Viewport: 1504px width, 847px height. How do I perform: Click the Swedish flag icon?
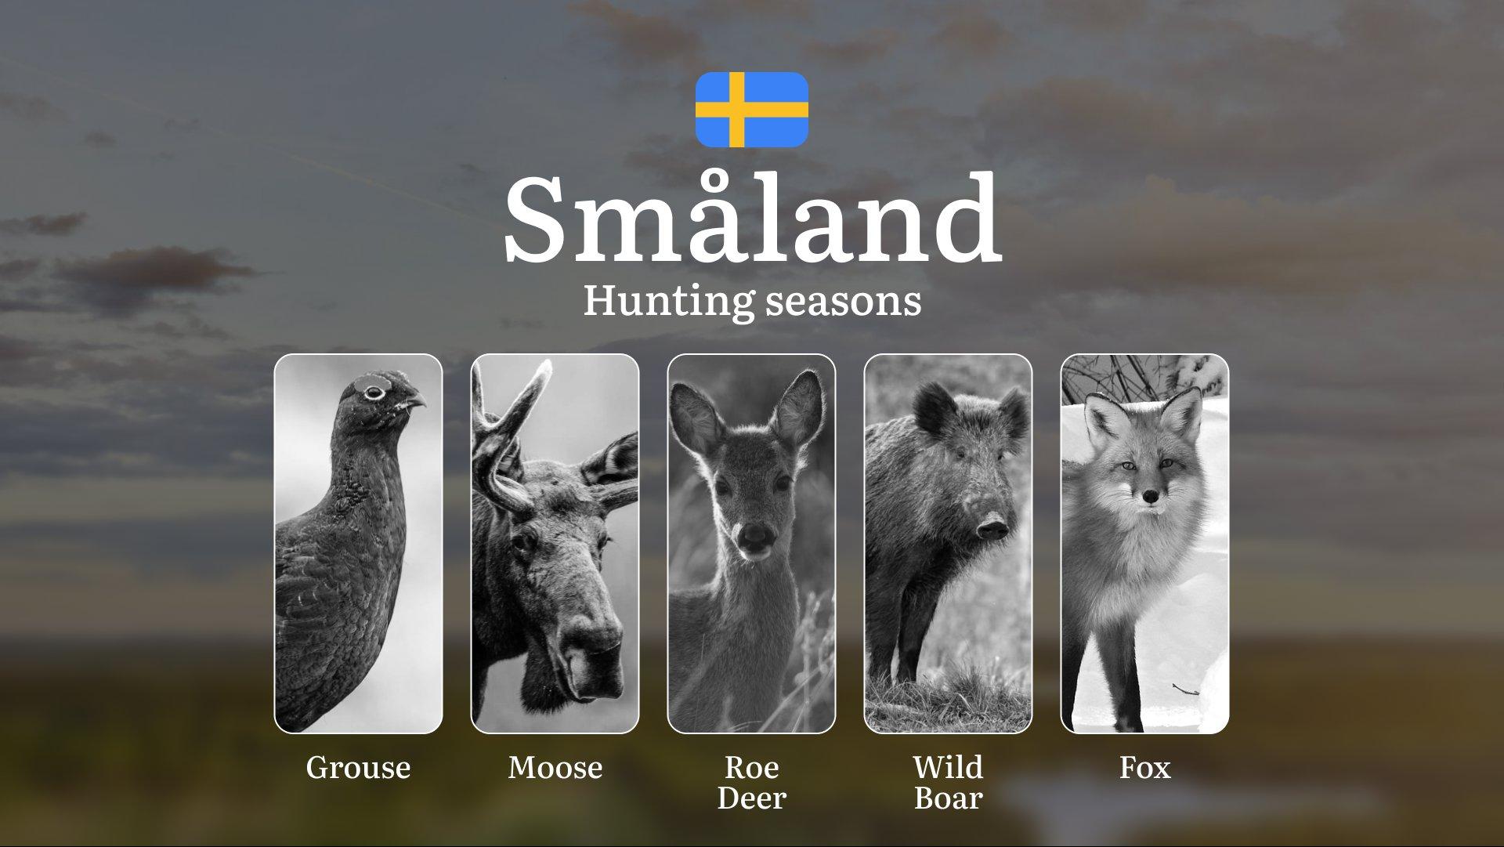[752, 110]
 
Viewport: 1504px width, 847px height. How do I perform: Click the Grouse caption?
[358, 768]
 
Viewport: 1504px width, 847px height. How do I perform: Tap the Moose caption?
[555, 768]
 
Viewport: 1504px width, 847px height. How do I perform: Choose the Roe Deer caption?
[751, 783]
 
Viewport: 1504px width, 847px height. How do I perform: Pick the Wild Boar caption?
[948, 783]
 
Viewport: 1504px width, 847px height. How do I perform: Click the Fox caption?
[1145, 768]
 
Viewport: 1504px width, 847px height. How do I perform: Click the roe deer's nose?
[755, 535]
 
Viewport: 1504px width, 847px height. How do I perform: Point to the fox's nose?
[1149, 497]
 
